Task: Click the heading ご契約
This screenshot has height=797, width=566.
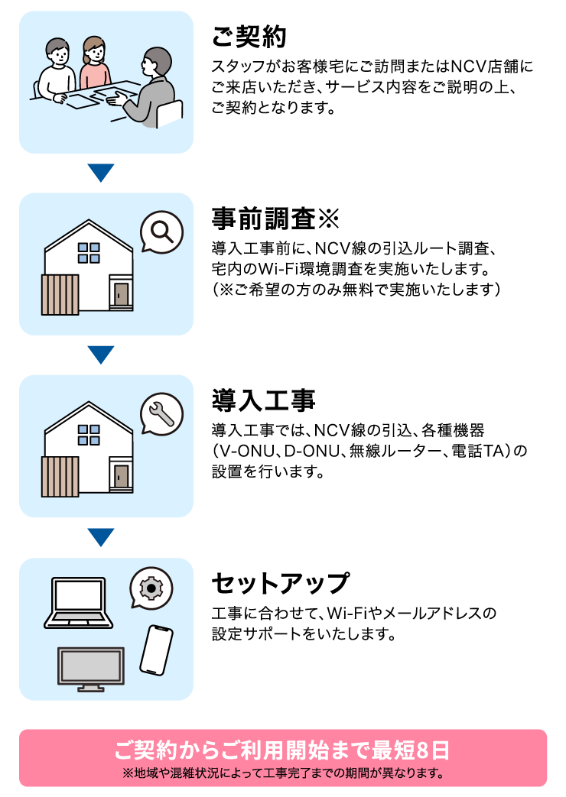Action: tap(249, 37)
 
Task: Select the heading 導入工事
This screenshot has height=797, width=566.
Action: tap(263, 400)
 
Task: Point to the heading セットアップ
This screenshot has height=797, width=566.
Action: tap(281, 583)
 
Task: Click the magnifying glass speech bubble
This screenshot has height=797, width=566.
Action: tap(161, 232)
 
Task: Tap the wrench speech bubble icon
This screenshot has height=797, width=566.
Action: tap(161, 414)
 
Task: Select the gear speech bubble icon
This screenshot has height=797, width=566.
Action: tap(151, 588)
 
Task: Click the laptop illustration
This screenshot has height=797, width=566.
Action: tap(78, 603)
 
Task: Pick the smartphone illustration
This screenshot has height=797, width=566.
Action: tap(156, 650)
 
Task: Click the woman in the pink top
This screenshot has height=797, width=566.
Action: tap(95, 63)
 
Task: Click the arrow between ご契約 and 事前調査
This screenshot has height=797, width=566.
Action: tap(101, 173)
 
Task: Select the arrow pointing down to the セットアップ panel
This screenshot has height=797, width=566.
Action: tap(101, 537)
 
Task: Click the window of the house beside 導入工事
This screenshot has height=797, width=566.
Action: tap(89, 435)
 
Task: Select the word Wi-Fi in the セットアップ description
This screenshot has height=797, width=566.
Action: tap(346, 613)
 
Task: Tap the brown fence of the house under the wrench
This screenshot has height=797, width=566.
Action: tap(60, 477)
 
